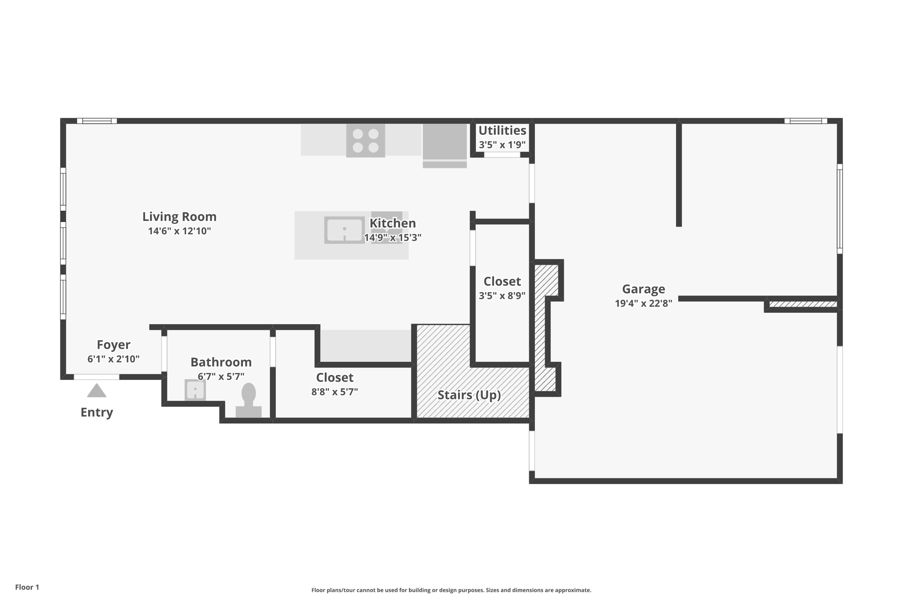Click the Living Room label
coord(179,217)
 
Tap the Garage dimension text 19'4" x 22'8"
coord(643,303)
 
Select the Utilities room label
coord(502,131)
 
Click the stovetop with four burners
coord(366,140)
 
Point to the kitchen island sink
coord(344,230)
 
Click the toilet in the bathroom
coord(249,400)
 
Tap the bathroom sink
coord(195,390)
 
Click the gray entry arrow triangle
coord(97,390)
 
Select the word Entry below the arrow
coord(97,412)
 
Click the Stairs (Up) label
coord(469,395)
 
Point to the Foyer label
coord(113,344)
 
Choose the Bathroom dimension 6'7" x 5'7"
coord(221,377)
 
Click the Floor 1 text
coord(27,587)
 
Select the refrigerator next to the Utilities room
coord(445,146)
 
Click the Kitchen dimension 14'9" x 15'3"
coord(392,238)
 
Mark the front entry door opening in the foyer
coord(96,377)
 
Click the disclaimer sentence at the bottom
coord(451,590)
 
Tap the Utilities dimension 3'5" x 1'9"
coord(502,145)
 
